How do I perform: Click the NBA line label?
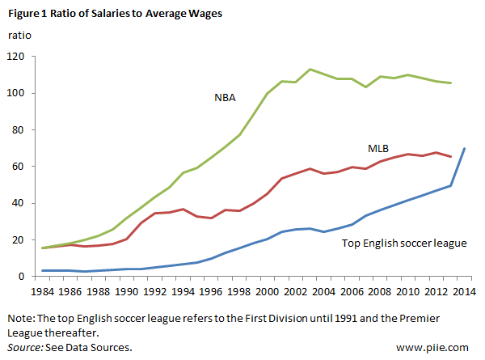coord(226,98)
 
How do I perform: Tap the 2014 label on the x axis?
coord(464,290)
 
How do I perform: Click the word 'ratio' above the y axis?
coord(19,36)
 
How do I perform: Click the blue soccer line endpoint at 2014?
coord(464,148)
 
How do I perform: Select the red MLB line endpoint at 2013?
coord(450,156)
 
